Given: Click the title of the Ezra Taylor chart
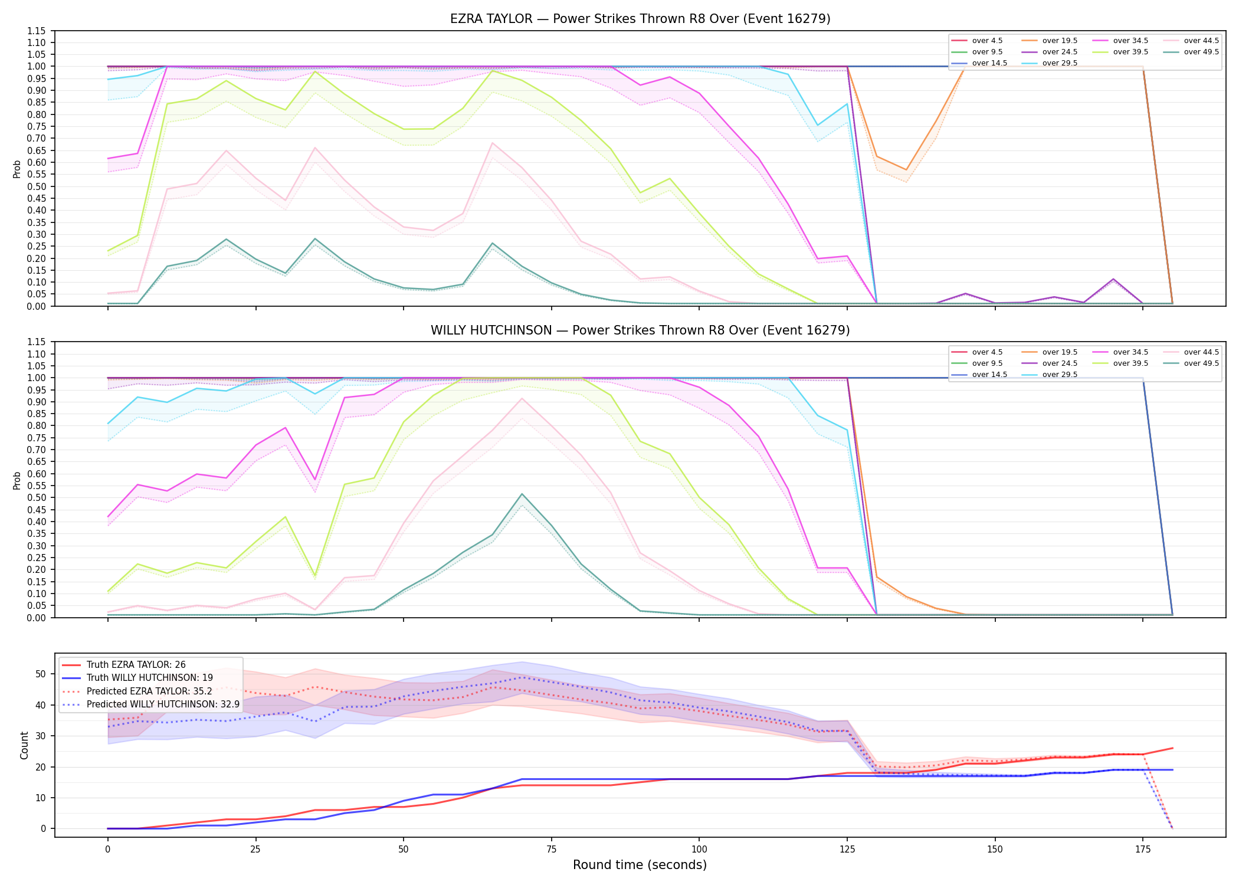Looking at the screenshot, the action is (x=640, y=19).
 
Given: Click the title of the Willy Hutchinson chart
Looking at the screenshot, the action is (x=640, y=330).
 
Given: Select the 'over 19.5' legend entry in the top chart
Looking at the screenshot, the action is (x=1050, y=41).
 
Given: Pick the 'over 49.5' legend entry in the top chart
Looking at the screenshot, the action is (x=1191, y=52).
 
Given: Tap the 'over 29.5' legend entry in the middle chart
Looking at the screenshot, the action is (x=1050, y=375).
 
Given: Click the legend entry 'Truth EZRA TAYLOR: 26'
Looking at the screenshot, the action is (x=124, y=665).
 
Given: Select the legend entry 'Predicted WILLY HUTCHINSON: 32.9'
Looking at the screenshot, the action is (x=151, y=704).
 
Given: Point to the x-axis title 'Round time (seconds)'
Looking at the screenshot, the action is (x=640, y=865).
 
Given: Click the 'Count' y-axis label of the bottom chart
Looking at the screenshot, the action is (x=24, y=745).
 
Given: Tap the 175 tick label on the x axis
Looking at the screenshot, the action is (x=1143, y=850).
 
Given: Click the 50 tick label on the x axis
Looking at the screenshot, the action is (x=403, y=850).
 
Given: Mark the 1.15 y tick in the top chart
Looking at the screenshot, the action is (x=37, y=31).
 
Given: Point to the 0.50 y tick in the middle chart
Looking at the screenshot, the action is (x=37, y=498).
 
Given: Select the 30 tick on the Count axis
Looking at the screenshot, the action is (x=41, y=736).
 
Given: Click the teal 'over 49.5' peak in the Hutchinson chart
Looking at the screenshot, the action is (x=522, y=494).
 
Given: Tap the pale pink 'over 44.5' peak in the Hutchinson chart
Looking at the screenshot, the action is (x=522, y=398).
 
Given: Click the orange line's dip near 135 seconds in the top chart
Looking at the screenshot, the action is (x=906, y=170).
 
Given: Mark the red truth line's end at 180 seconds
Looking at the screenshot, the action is (x=1172, y=748).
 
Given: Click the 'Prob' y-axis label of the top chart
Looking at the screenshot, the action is (x=17, y=169).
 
